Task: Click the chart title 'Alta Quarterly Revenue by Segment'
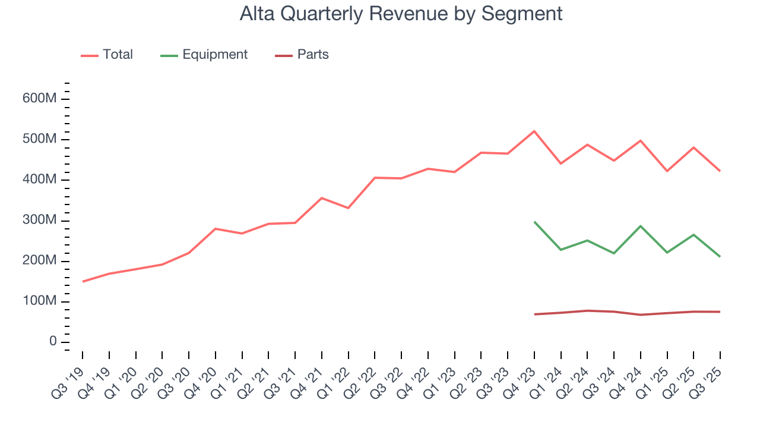click(401, 13)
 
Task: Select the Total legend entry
click(117, 55)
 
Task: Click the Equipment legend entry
click(214, 55)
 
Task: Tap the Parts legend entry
click(312, 55)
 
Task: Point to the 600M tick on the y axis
click(39, 99)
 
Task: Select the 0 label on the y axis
click(52, 342)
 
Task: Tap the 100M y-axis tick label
click(39, 302)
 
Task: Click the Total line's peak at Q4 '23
click(534, 131)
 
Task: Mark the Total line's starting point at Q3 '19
click(83, 281)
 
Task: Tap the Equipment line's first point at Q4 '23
click(534, 222)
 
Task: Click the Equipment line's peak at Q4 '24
click(641, 226)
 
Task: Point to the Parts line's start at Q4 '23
click(534, 314)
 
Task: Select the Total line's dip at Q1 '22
click(349, 208)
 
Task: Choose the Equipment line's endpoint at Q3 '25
click(720, 256)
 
